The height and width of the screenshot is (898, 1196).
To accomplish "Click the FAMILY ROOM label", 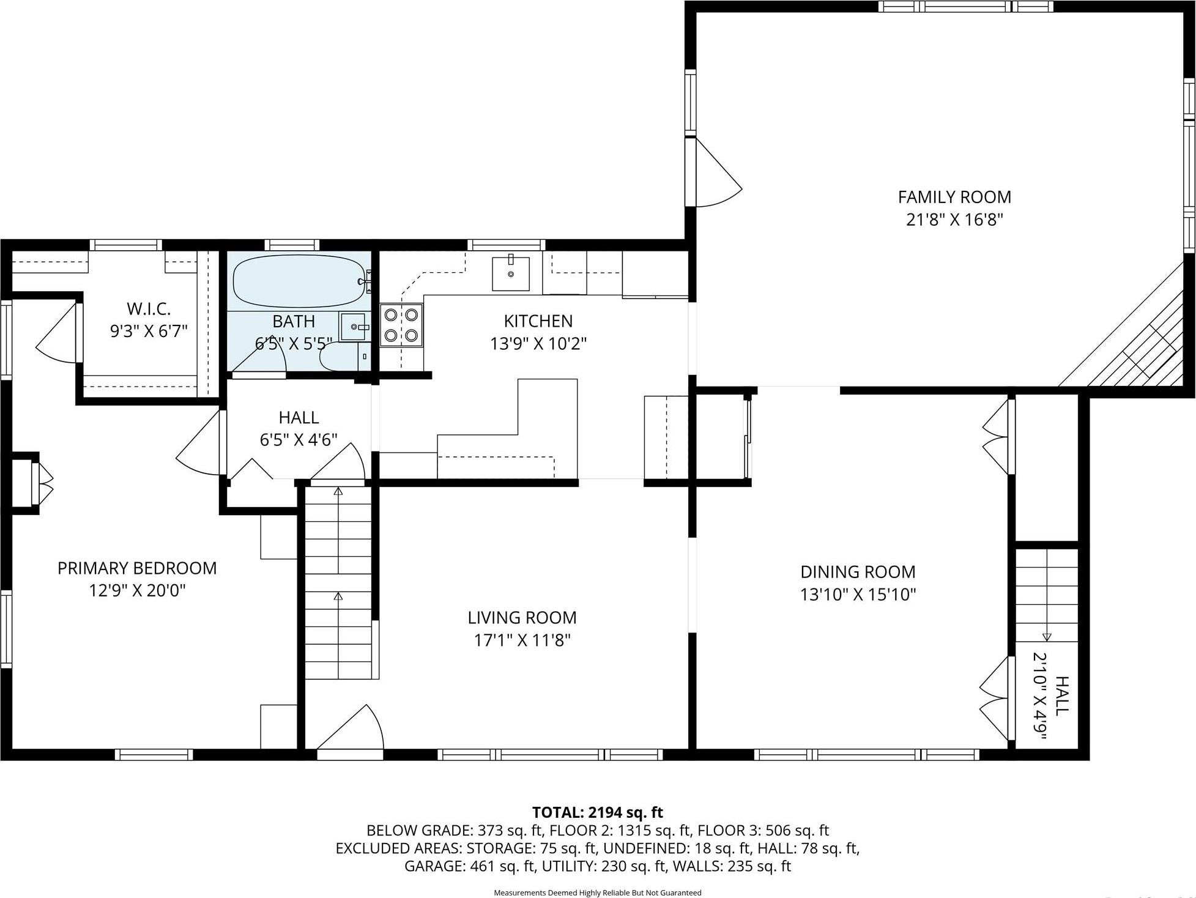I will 954,197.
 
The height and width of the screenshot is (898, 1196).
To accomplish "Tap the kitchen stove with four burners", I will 401,325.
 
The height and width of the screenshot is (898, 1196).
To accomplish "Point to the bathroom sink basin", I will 354,327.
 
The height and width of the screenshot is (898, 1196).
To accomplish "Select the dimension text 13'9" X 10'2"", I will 538,344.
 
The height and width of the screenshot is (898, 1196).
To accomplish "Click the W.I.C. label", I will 148,309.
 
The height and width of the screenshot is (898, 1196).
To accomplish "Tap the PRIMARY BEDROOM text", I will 137,568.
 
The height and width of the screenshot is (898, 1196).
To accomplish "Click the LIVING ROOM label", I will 522,618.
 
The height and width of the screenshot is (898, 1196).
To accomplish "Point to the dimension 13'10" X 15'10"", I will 858,595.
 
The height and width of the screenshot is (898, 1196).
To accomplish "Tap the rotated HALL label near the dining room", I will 1061,696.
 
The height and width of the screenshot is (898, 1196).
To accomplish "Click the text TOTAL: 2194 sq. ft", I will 597,812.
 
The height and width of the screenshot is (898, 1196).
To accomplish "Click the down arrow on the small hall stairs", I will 1046,636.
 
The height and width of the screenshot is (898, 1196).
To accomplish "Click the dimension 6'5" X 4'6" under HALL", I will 299,440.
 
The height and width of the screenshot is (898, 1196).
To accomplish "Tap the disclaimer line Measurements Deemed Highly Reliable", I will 597,892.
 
